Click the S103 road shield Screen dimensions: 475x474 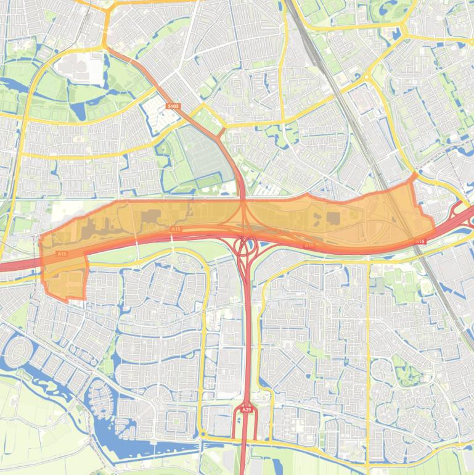point(173,106)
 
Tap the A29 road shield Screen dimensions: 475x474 point(247,409)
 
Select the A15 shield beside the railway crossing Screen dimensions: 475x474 point(421,241)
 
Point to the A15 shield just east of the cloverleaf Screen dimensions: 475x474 point(309,246)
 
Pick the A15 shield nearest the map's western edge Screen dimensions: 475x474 point(62,254)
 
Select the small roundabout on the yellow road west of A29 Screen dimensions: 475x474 point(204,434)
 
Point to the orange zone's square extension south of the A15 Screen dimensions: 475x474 point(65,283)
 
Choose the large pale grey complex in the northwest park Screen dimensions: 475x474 point(79,68)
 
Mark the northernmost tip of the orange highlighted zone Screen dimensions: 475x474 point(414,175)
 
